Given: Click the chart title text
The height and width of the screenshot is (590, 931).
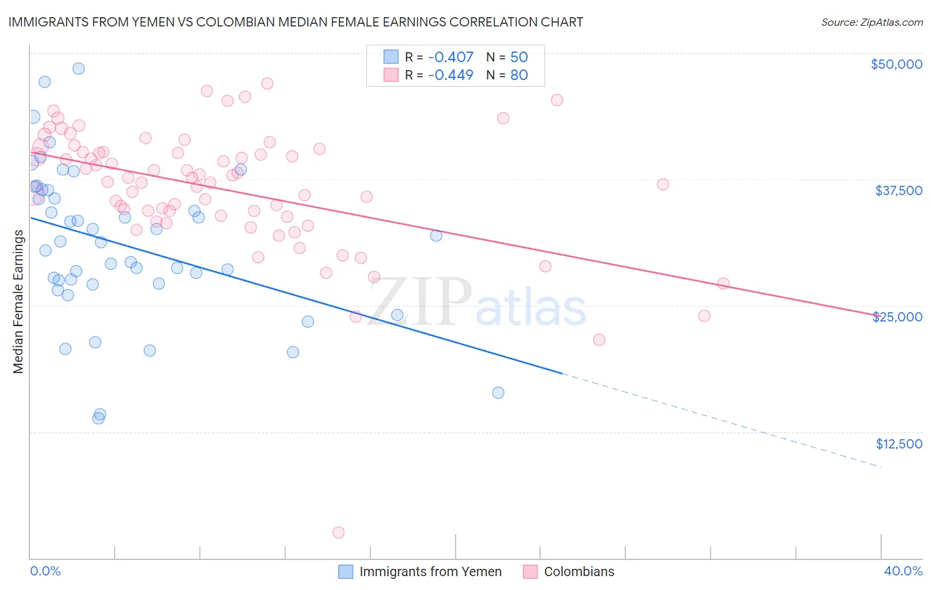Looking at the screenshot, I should (x=295, y=22).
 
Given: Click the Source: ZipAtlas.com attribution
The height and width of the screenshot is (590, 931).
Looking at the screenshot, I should (x=871, y=22).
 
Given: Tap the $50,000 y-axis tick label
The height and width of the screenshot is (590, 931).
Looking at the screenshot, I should (x=896, y=64).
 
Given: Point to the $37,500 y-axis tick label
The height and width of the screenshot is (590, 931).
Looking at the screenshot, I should (x=898, y=190).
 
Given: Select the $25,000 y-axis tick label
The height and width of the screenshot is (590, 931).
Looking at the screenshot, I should (x=897, y=317).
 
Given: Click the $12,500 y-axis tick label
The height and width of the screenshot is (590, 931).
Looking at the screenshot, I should (x=899, y=444).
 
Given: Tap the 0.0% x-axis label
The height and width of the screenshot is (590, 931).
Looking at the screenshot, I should (x=45, y=571).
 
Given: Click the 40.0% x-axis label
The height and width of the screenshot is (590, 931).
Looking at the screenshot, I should (x=903, y=571).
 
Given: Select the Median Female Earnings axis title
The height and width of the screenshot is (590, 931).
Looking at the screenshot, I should (x=19, y=302).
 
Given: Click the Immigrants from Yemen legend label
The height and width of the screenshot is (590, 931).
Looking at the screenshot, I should (x=430, y=571).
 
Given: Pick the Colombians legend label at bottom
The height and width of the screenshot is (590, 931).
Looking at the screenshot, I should (x=579, y=571).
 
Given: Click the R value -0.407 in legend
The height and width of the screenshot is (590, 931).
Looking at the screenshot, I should (x=450, y=58).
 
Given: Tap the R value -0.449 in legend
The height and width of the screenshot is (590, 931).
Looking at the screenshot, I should (x=450, y=75).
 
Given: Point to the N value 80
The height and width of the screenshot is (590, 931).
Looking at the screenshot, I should (x=518, y=75).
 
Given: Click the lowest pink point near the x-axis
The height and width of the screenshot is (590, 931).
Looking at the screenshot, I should (x=338, y=532).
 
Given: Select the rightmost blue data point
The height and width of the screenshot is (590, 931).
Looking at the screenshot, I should (x=498, y=393).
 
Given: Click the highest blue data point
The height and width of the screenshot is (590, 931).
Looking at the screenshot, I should (x=78, y=69).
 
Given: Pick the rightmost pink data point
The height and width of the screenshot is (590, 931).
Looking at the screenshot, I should (x=723, y=284).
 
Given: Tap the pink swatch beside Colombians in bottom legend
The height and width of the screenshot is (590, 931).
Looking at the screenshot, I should (x=530, y=571).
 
